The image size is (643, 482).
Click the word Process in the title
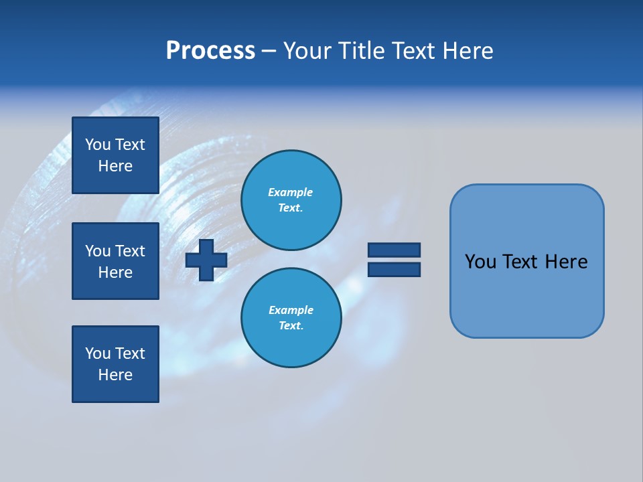coord(210,51)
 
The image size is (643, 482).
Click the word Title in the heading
coord(360,51)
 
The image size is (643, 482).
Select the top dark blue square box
coord(115,155)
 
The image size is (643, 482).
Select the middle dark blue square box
coord(115,261)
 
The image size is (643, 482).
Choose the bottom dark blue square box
coord(115,364)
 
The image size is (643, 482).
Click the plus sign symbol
coord(206,260)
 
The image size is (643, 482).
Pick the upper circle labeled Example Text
coord(291,200)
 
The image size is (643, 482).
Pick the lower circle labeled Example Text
coord(291,318)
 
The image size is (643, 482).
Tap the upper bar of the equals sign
coord(394,250)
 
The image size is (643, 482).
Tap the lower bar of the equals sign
coord(394,269)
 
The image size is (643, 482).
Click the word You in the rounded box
coord(480,262)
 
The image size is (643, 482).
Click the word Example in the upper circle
coord(290,192)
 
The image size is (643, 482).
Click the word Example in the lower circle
coord(291,310)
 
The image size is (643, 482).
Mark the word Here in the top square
coord(115,166)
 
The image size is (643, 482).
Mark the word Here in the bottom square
coord(115,375)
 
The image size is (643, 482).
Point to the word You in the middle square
coord(98,251)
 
